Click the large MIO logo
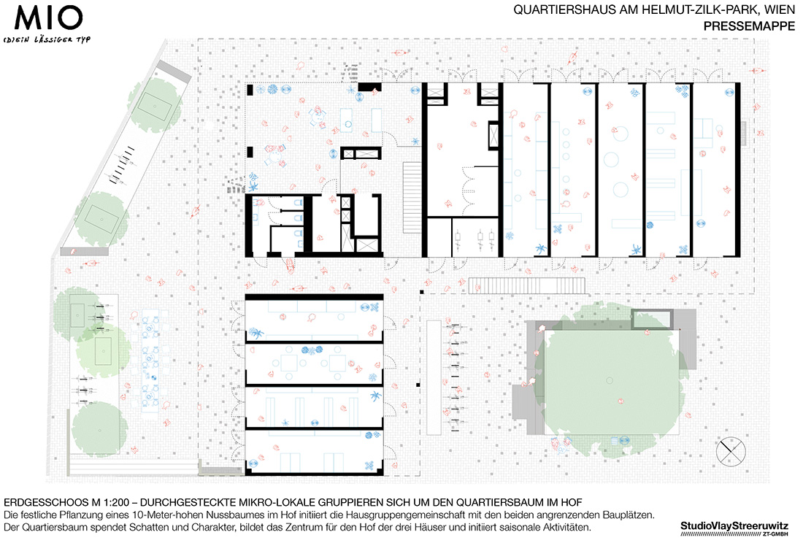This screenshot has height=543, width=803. coord(49,18)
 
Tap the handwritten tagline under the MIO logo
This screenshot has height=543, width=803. coord(47,39)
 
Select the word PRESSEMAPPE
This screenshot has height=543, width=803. coord(749,26)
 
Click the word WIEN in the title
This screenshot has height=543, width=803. coord(779,9)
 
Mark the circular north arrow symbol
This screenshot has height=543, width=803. coord(731,452)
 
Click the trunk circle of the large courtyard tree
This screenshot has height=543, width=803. coord(610,380)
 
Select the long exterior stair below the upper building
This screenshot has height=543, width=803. coord(526,285)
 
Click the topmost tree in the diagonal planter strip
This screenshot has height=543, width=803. coord(155,105)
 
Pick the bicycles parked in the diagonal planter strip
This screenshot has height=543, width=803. coord(123,165)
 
